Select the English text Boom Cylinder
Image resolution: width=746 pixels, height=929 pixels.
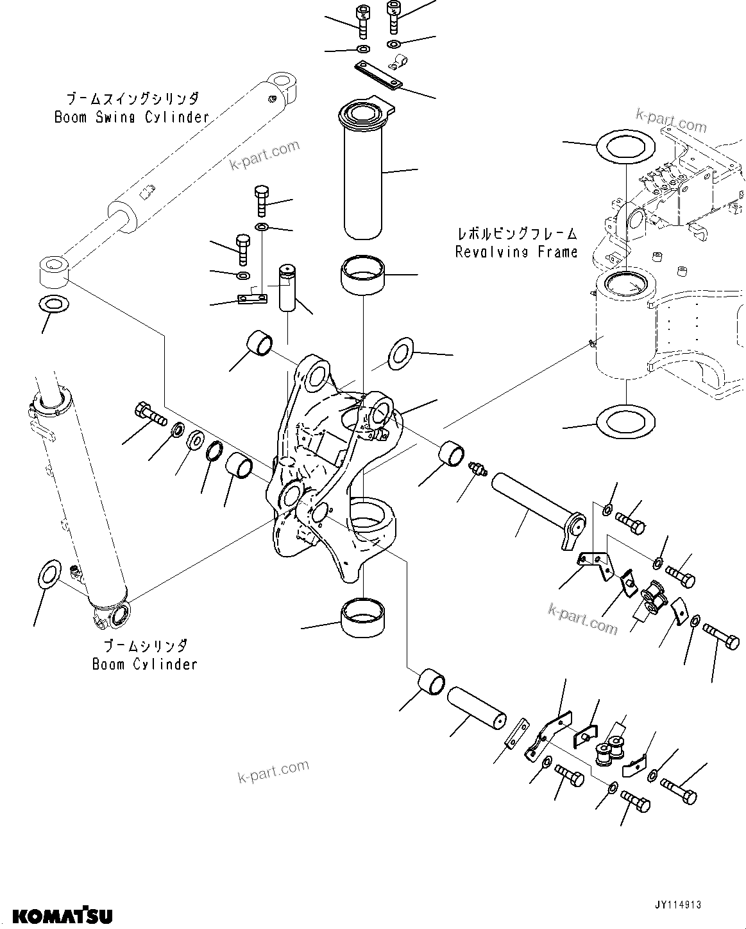(144, 664)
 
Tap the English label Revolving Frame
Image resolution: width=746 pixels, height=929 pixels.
(516, 252)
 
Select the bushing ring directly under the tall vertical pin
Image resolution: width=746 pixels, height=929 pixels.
(363, 275)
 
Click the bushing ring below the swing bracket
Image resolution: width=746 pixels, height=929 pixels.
(363, 617)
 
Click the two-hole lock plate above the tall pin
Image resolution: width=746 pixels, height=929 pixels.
(378, 75)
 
